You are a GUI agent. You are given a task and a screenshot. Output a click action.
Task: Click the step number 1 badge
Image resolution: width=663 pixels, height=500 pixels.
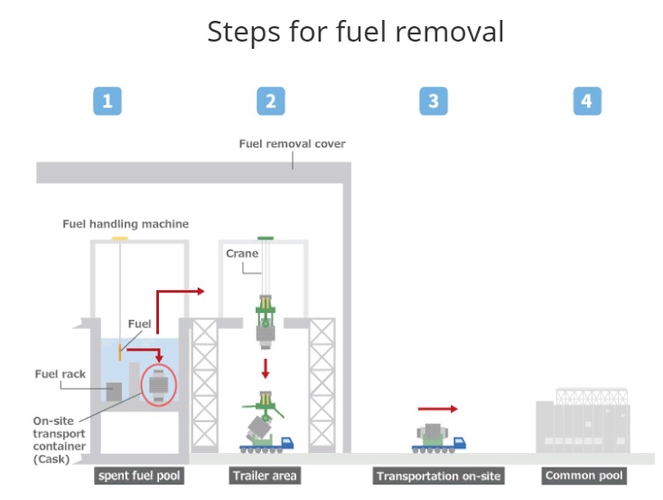pos(107,100)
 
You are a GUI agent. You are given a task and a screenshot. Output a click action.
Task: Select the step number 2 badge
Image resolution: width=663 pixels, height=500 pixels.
pos(270,100)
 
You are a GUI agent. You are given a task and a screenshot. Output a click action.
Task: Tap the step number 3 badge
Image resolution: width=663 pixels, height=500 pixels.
pos(433,100)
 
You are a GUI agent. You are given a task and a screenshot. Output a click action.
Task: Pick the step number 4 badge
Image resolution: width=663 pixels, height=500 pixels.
pos(587,100)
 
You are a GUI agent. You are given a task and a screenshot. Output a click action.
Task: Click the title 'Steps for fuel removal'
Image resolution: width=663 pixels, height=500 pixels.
pos(355,32)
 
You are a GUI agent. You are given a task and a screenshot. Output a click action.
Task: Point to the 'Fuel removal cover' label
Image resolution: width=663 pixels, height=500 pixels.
pos(292,144)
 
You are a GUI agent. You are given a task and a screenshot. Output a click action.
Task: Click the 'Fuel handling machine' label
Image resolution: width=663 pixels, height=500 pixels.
pos(126,223)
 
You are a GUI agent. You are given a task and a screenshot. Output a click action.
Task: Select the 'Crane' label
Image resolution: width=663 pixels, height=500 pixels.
pos(242,253)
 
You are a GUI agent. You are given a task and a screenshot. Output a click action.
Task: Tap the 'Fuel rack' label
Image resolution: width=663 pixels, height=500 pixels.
pos(58,373)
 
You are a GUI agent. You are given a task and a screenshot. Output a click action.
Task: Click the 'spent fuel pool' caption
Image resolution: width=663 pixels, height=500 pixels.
pos(140,476)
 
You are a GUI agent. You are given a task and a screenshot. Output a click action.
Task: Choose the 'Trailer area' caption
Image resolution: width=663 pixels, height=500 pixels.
pos(264,476)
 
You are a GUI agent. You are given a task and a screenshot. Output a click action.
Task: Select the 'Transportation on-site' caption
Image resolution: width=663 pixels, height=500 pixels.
pos(438,476)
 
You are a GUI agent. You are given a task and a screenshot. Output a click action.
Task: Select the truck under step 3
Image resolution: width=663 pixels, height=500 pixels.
pos(439,438)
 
